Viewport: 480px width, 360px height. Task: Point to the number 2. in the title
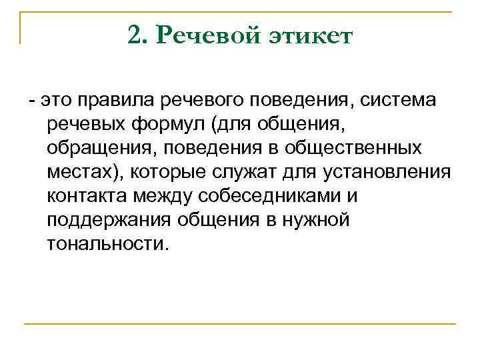click(137, 35)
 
